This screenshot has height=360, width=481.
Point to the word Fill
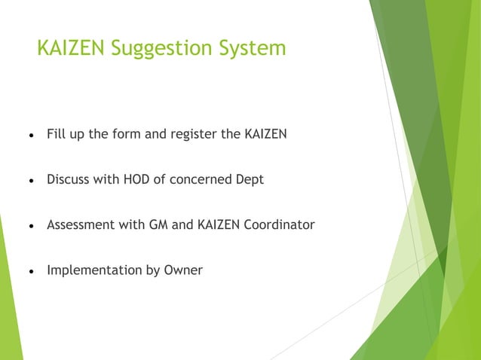[x=55, y=136]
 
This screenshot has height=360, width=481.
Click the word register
[x=195, y=136]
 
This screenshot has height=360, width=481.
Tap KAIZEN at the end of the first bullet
[x=265, y=136]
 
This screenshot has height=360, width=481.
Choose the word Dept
[x=250, y=181]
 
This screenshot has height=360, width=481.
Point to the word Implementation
[x=92, y=270]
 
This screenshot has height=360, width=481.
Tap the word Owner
[x=183, y=269]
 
